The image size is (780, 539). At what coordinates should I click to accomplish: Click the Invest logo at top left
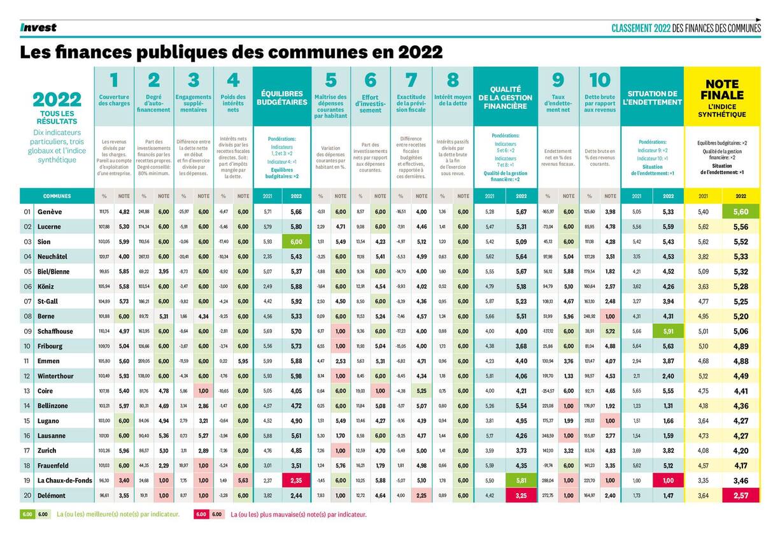38,27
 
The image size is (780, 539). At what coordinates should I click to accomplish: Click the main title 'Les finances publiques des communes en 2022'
231,51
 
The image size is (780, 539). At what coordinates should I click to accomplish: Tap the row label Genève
50,212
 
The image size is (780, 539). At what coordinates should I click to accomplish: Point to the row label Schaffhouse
55,331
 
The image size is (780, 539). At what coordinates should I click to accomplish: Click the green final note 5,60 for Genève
741,212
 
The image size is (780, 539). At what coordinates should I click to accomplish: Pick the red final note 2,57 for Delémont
741,495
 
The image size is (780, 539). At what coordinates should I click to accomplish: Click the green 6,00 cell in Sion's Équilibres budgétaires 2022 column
296,241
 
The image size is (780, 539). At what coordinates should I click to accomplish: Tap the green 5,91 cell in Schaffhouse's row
668,331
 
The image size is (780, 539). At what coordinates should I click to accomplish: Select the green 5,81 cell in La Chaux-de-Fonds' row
521,480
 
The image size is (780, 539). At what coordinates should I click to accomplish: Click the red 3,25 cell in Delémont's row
521,495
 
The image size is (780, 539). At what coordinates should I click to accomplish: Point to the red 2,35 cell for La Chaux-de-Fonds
296,480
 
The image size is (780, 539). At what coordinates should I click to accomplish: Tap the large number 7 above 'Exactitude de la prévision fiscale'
411,80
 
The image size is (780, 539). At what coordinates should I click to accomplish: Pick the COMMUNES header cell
57,196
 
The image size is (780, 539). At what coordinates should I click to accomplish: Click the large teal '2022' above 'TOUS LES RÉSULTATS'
57,100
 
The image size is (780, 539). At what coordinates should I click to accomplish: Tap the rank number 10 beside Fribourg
27,346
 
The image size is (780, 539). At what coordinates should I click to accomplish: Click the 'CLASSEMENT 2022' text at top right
641,28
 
